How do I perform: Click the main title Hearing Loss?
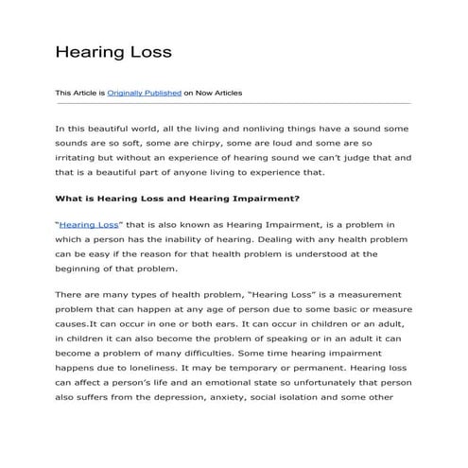click(x=113, y=51)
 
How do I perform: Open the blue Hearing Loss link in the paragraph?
click(x=88, y=224)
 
